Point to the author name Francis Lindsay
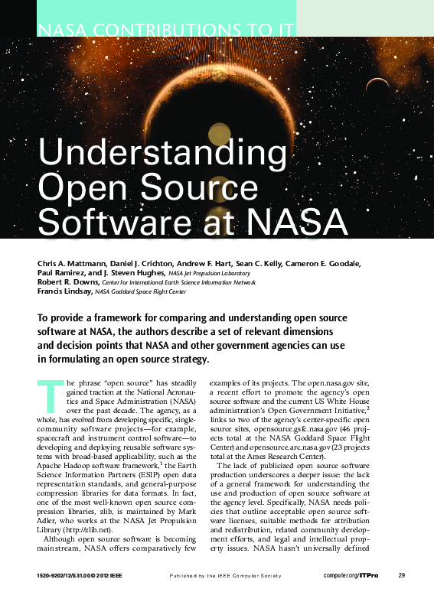click(64, 291)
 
